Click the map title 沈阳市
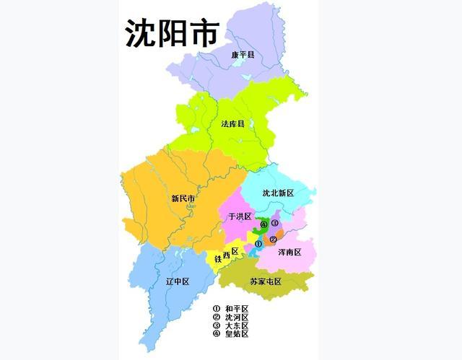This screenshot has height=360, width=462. click(x=171, y=32)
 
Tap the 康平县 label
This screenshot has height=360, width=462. click(x=244, y=55)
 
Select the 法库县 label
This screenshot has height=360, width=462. click(x=233, y=124)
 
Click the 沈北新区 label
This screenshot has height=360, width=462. click(x=278, y=193)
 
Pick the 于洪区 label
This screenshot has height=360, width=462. click(x=239, y=216)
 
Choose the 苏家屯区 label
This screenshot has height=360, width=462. click(x=266, y=281)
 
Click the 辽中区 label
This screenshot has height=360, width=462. click(x=177, y=281)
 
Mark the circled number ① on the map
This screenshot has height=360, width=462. click(x=258, y=244)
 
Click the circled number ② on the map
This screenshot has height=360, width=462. click(x=272, y=240)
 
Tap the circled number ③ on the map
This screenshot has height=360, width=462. click(x=275, y=224)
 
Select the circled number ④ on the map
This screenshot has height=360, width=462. click(x=263, y=224)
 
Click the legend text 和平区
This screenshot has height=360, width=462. click(x=237, y=309)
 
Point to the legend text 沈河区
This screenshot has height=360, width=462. click(x=237, y=317)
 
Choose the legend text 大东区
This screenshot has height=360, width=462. click(x=237, y=325)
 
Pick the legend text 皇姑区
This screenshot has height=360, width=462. click(x=237, y=334)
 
